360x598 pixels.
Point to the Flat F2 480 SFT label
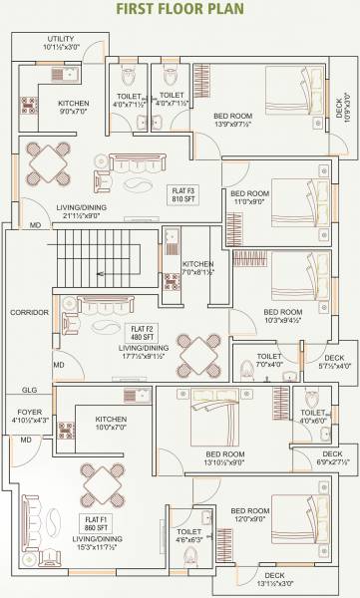[140, 332]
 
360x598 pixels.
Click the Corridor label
[29, 313]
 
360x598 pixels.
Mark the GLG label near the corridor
[29, 390]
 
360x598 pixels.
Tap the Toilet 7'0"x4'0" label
[269, 361]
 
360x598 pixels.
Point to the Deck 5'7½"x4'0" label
[334, 362]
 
